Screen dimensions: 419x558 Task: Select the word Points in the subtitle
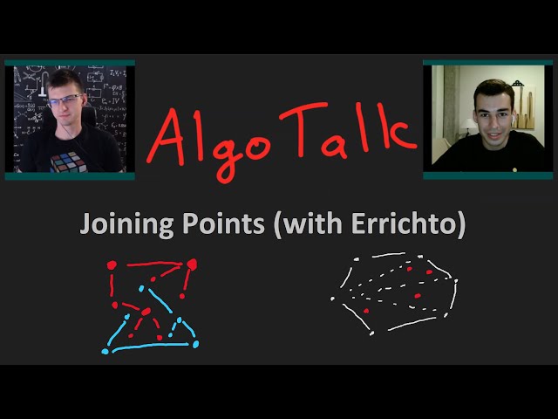tap(222, 223)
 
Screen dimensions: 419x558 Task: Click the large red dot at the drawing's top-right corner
tap(192, 264)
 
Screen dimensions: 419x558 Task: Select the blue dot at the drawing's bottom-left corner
tap(105, 351)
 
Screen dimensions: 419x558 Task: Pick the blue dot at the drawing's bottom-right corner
tap(195, 344)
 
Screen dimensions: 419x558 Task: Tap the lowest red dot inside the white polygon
tap(365, 311)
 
